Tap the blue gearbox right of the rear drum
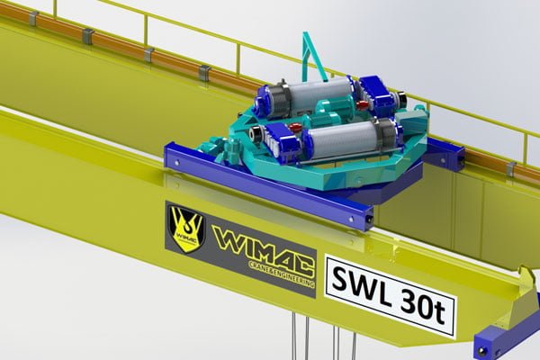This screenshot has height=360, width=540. pos(371,92)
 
